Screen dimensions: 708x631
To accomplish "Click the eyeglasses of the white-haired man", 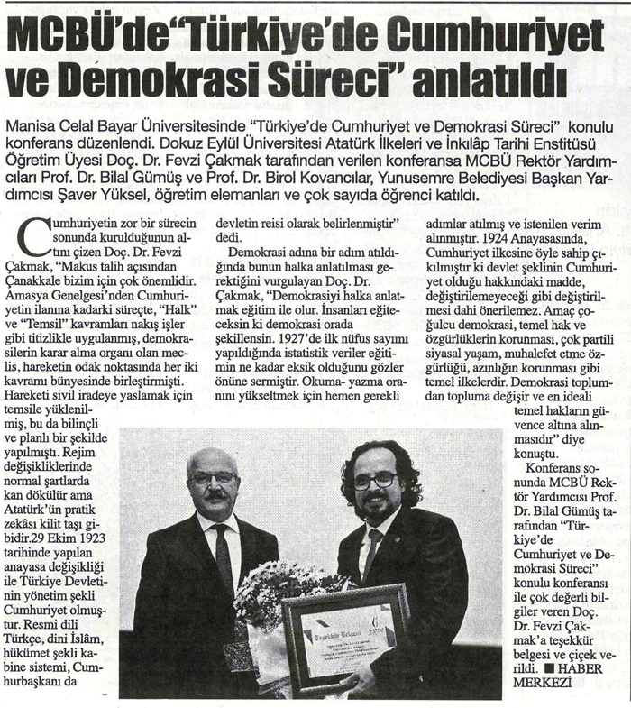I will [215, 477].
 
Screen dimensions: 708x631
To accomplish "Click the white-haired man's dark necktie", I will [223, 559].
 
